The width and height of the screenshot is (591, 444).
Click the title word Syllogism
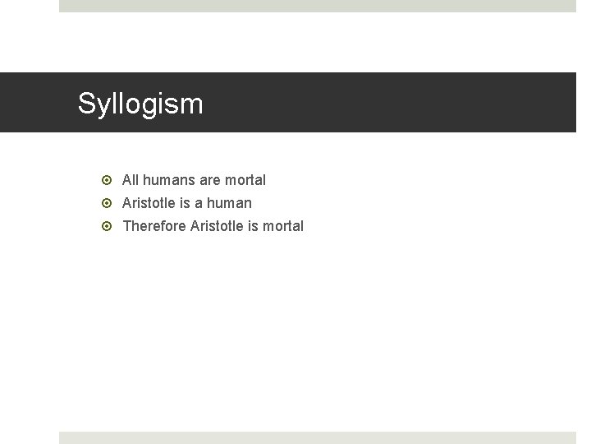pos(140,104)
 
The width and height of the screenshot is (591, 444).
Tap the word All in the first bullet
pos(130,179)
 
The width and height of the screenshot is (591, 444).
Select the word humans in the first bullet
pos(167,179)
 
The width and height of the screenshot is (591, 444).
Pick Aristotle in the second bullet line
pos(149,202)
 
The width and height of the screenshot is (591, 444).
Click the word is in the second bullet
pos(185,202)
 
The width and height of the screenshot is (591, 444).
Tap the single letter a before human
pos(199,202)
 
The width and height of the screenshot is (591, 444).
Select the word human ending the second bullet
pos(230,202)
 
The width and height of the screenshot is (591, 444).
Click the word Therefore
pos(154,225)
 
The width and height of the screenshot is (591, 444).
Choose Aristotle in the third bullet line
pos(217,225)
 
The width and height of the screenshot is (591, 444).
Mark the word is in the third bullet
pos(253,225)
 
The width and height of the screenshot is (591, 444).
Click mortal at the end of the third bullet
pos(283,225)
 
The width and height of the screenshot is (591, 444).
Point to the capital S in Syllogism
pos(86,104)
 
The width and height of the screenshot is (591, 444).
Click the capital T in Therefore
pos(126,225)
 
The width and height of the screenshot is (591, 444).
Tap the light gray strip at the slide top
pos(318,6)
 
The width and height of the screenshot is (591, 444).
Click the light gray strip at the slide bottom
pos(318,437)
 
